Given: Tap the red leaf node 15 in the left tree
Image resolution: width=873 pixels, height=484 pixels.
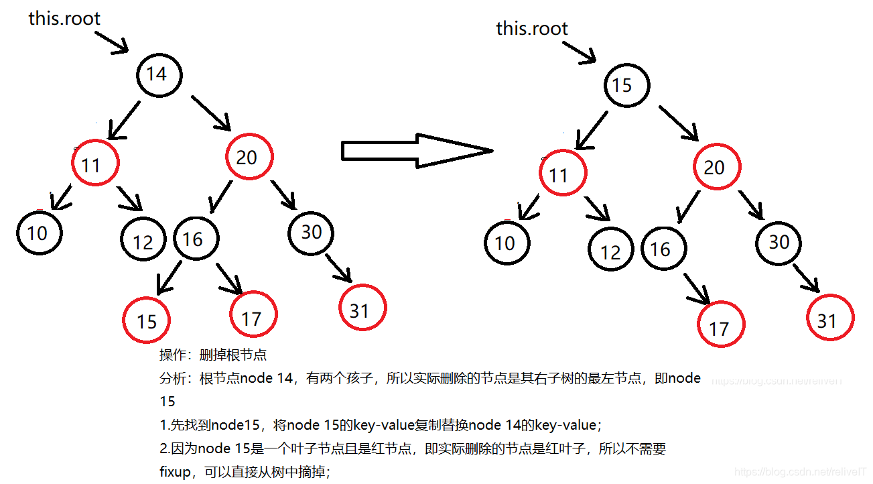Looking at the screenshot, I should click(x=146, y=320).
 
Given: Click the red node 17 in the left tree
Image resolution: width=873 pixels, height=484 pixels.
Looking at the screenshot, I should click(x=252, y=316).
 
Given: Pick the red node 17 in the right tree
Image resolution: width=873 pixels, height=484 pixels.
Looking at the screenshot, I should click(x=720, y=326).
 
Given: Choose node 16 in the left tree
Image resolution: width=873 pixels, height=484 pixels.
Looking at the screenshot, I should click(x=194, y=239).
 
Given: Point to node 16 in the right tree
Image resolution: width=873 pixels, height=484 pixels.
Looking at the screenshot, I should click(x=661, y=249).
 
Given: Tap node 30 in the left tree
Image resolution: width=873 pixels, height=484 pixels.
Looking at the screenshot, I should click(x=312, y=232).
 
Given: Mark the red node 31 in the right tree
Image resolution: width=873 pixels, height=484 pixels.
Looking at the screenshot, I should click(x=829, y=319).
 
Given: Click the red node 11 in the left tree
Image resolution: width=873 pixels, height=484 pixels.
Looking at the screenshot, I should click(x=94, y=164).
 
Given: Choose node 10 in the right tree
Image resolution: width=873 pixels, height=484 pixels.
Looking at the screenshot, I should click(x=507, y=242).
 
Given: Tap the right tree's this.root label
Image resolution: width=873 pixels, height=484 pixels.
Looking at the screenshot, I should click(x=531, y=28).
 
